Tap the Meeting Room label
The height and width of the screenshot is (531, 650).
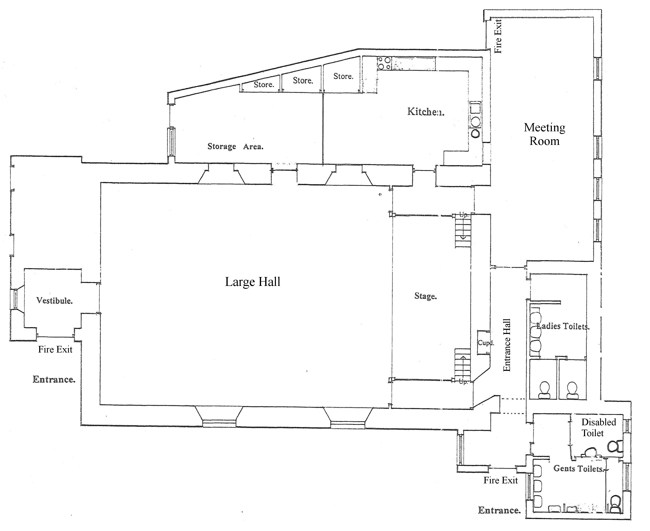tap(544, 134)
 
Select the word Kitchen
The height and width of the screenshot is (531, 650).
tap(425, 112)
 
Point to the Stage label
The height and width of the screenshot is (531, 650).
tap(425, 296)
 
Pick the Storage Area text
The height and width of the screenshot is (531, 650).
tap(235, 147)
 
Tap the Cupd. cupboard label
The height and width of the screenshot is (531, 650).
tap(486, 343)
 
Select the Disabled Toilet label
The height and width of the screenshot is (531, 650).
tap(598, 427)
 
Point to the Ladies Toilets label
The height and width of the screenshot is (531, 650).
tap(563, 326)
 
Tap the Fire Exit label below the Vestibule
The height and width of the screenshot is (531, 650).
tap(55, 349)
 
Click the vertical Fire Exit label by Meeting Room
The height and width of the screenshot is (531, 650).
tap(498, 36)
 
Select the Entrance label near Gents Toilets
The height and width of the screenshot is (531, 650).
tap(499, 510)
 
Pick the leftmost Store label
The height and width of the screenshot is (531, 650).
tap(264, 85)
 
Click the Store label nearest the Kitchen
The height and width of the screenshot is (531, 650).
tap(343, 76)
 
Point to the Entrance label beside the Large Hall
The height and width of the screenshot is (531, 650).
tap(54, 379)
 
